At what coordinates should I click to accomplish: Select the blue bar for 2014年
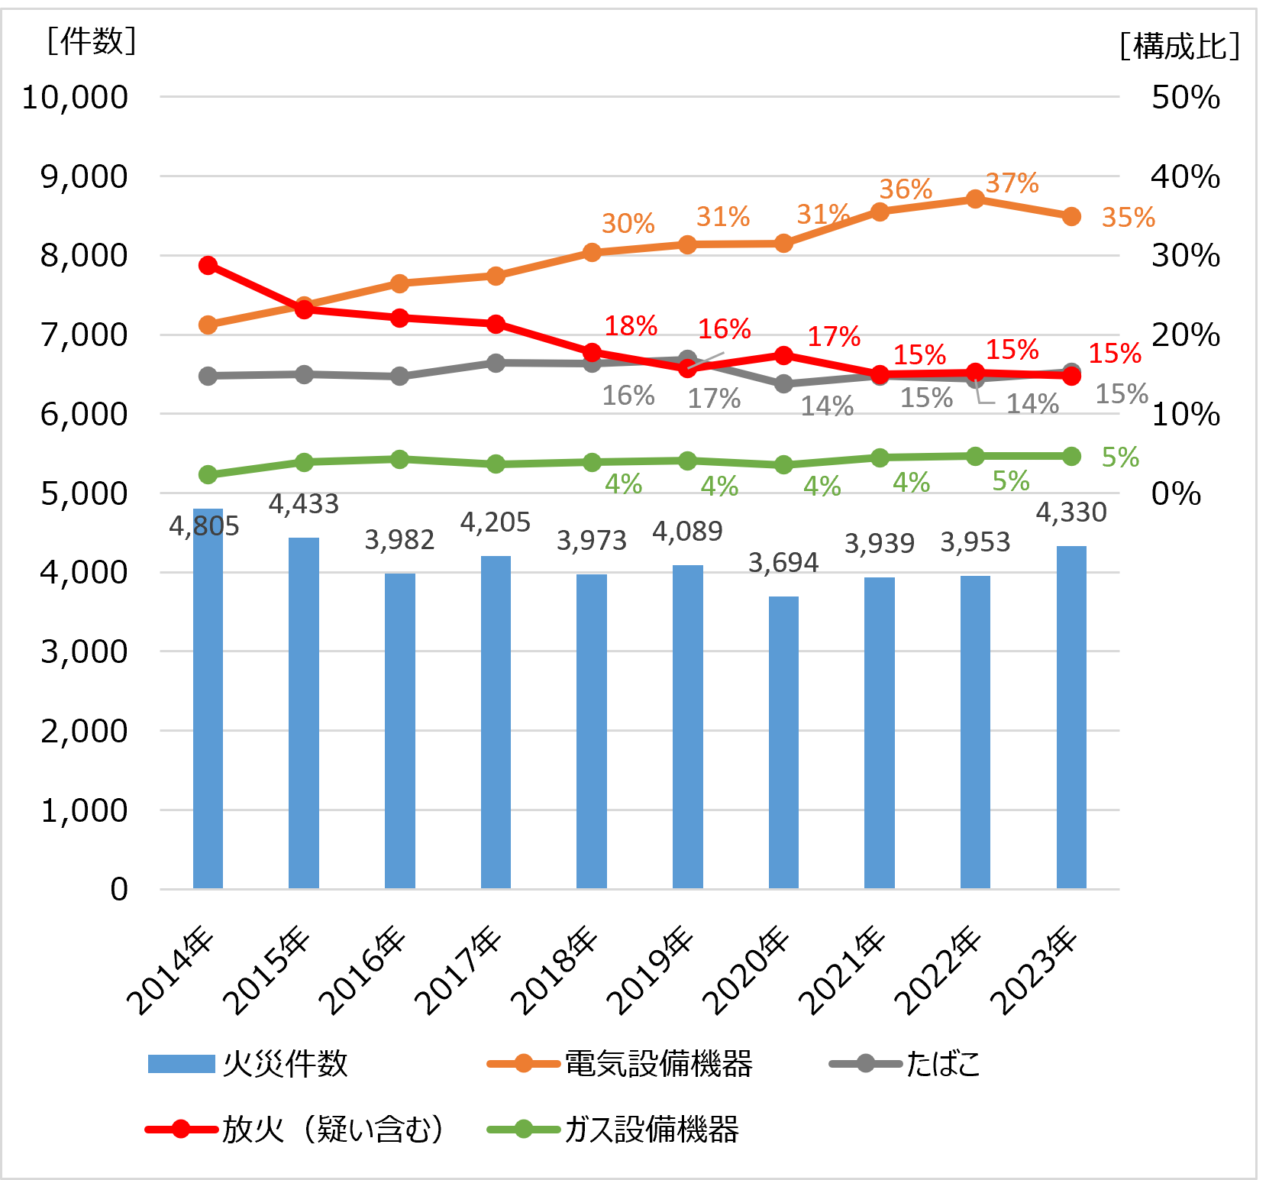click(x=208, y=699)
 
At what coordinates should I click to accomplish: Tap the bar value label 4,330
click(x=1070, y=512)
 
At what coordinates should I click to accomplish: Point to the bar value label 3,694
click(x=783, y=563)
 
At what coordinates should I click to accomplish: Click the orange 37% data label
click(x=1012, y=183)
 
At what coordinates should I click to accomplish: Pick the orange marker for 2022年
click(x=975, y=199)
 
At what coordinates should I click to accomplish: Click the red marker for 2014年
click(x=208, y=266)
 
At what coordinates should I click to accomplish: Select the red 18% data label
click(x=630, y=326)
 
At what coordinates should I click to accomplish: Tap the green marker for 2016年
click(x=399, y=459)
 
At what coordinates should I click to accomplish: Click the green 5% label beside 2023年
click(x=1119, y=457)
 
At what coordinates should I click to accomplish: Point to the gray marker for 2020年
click(x=783, y=383)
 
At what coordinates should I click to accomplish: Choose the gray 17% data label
click(x=714, y=398)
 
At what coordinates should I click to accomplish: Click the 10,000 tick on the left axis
click(x=75, y=97)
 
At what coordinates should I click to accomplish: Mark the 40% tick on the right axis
click(x=1185, y=176)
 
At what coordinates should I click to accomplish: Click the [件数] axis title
click(x=91, y=40)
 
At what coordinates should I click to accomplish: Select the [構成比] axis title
click(x=1180, y=47)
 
